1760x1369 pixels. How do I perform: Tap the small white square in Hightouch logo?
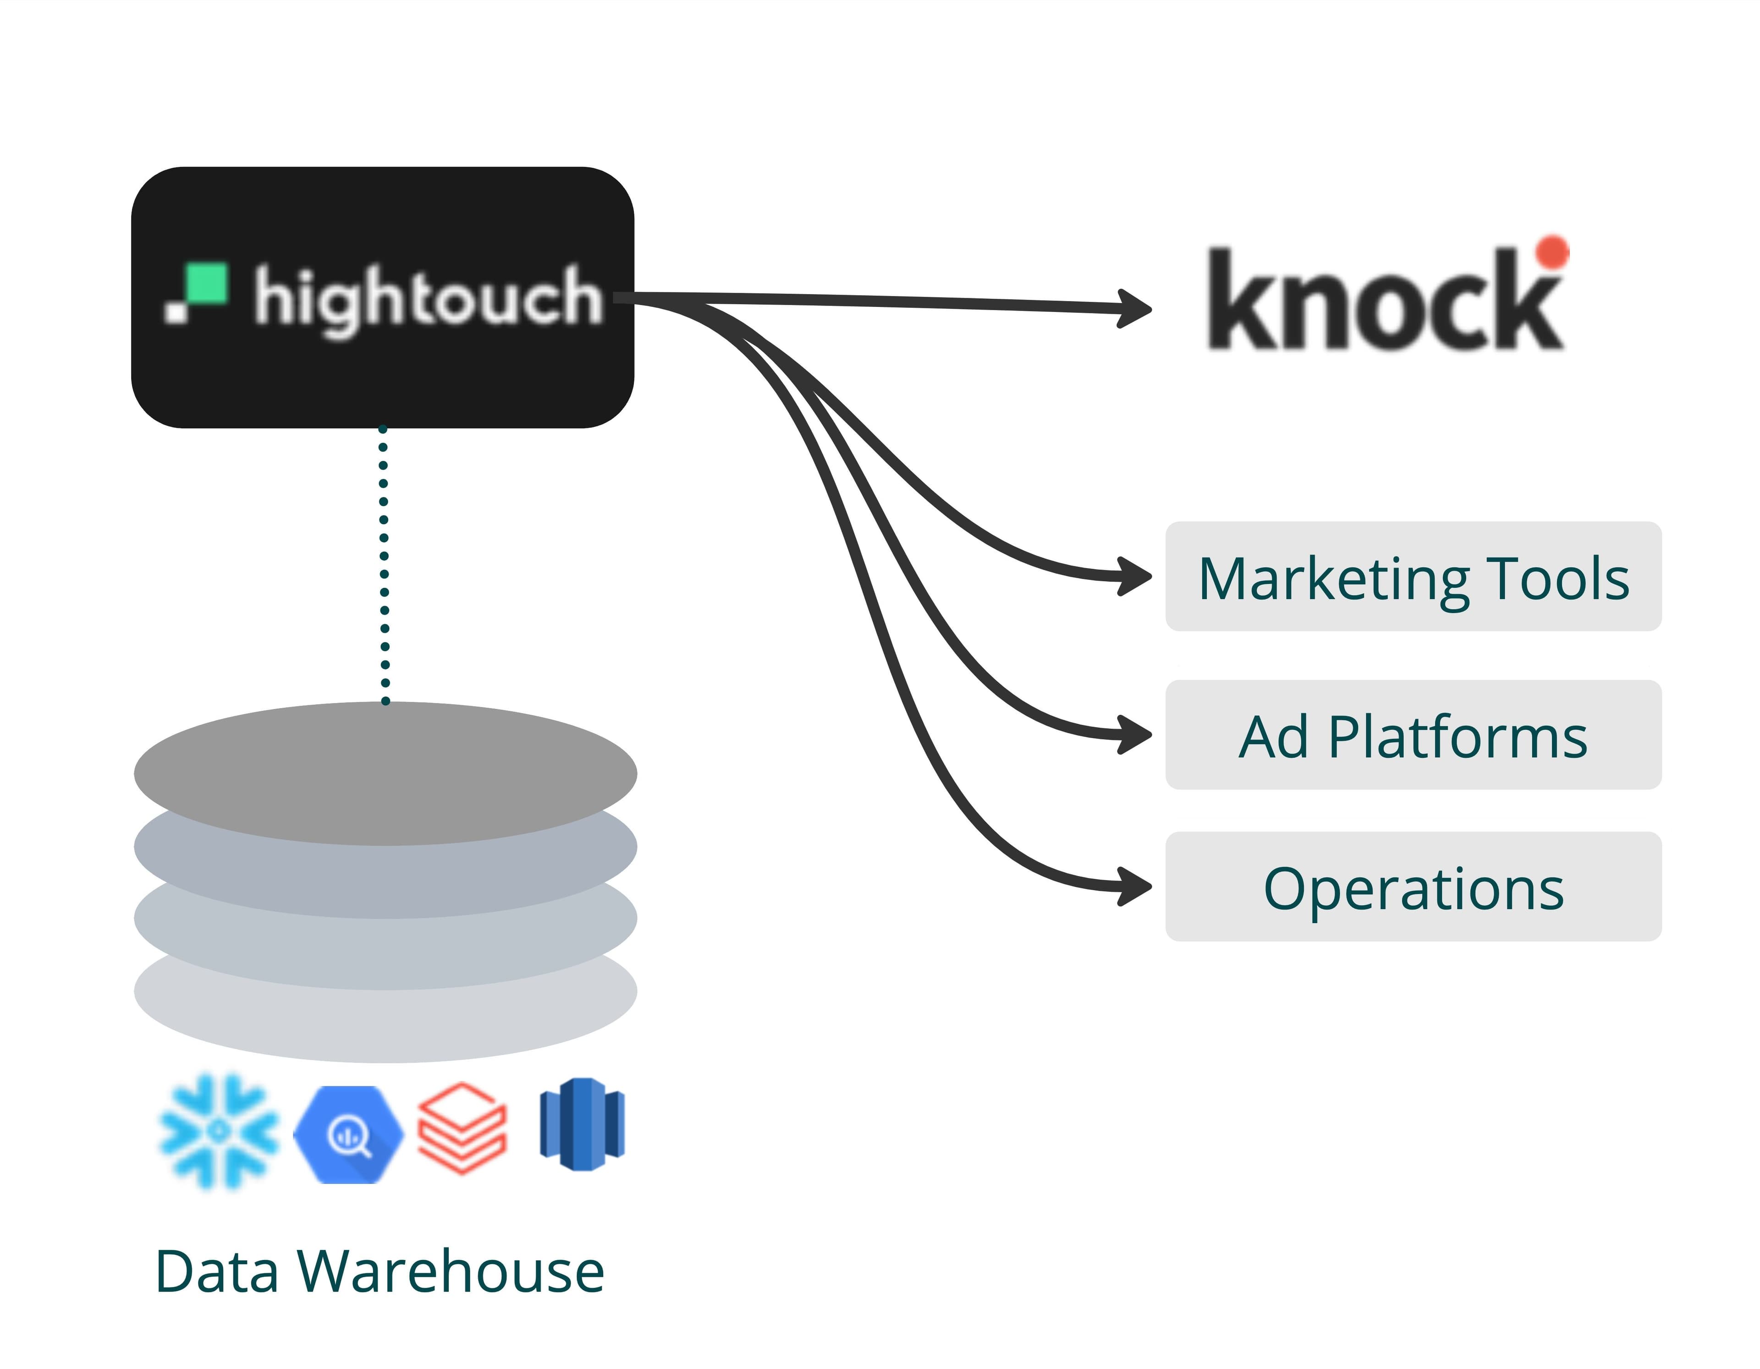coord(175,312)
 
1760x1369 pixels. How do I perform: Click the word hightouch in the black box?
coord(428,299)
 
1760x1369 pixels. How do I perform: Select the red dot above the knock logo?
coord(1551,252)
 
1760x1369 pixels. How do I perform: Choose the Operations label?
coord(1413,889)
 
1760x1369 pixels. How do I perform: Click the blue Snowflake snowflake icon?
coord(218,1131)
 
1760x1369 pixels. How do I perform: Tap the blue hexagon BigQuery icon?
coord(348,1134)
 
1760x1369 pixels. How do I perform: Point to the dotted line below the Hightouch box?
coord(385,564)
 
